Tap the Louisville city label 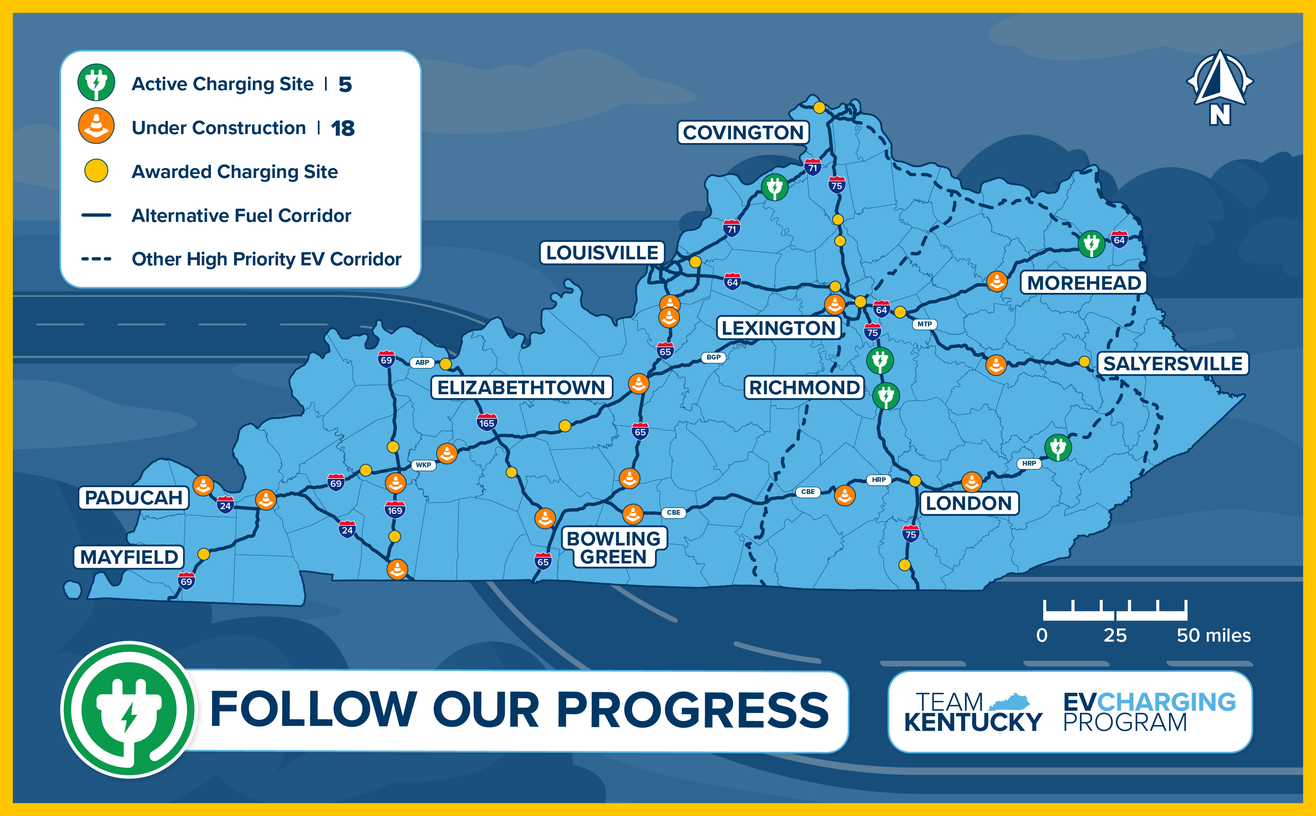pyautogui.click(x=602, y=253)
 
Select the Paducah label pyautogui.click(x=134, y=498)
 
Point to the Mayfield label pyautogui.click(x=129, y=557)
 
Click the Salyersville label pyautogui.click(x=1172, y=364)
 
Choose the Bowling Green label pyautogui.click(x=614, y=547)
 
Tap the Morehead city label pyautogui.click(x=1084, y=283)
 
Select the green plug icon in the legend pyautogui.click(x=96, y=83)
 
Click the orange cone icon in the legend pyautogui.click(x=96, y=126)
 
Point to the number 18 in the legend pyautogui.click(x=343, y=128)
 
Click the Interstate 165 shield pyautogui.click(x=487, y=423)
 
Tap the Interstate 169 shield pyautogui.click(x=395, y=510)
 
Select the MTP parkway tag pyautogui.click(x=924, y=324)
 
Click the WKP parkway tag pyautogui.click(x=424, y=465)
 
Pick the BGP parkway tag pyautogui.click(x=713, y=357)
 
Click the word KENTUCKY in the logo pyautogui.click(x=973, y=723)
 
